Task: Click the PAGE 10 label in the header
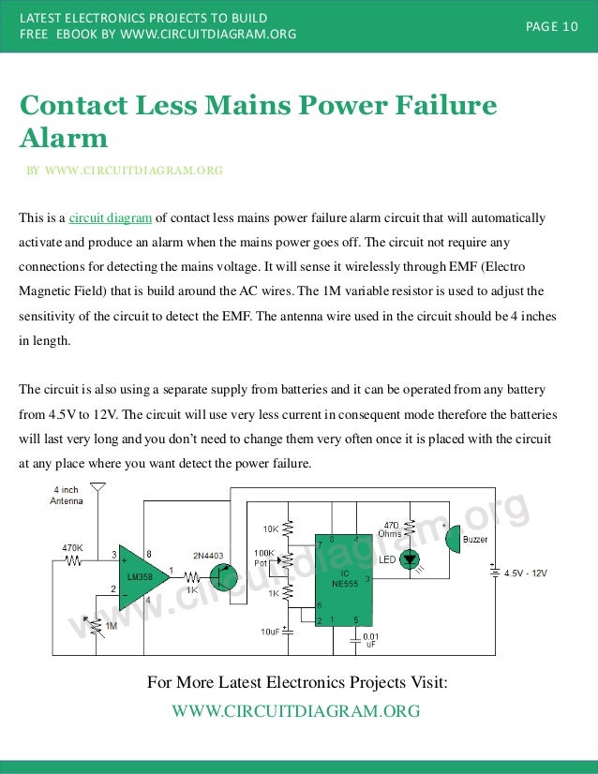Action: [551, 26]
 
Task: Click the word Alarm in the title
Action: [64, 139]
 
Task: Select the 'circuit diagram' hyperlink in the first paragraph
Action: [111, 218]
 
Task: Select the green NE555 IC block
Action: [342, 579]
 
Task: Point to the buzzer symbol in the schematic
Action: [452, 539]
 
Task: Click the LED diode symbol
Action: [410, 559]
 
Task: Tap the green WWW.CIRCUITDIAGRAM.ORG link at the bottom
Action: [296, 711]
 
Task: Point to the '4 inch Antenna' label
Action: [67, 495]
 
